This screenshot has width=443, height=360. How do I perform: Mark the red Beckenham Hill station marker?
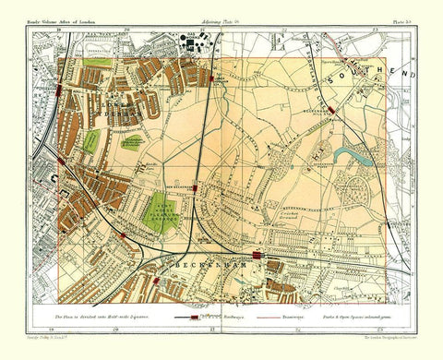click(x=330, y=109)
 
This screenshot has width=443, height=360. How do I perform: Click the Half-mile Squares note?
click(x=104, y=316)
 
